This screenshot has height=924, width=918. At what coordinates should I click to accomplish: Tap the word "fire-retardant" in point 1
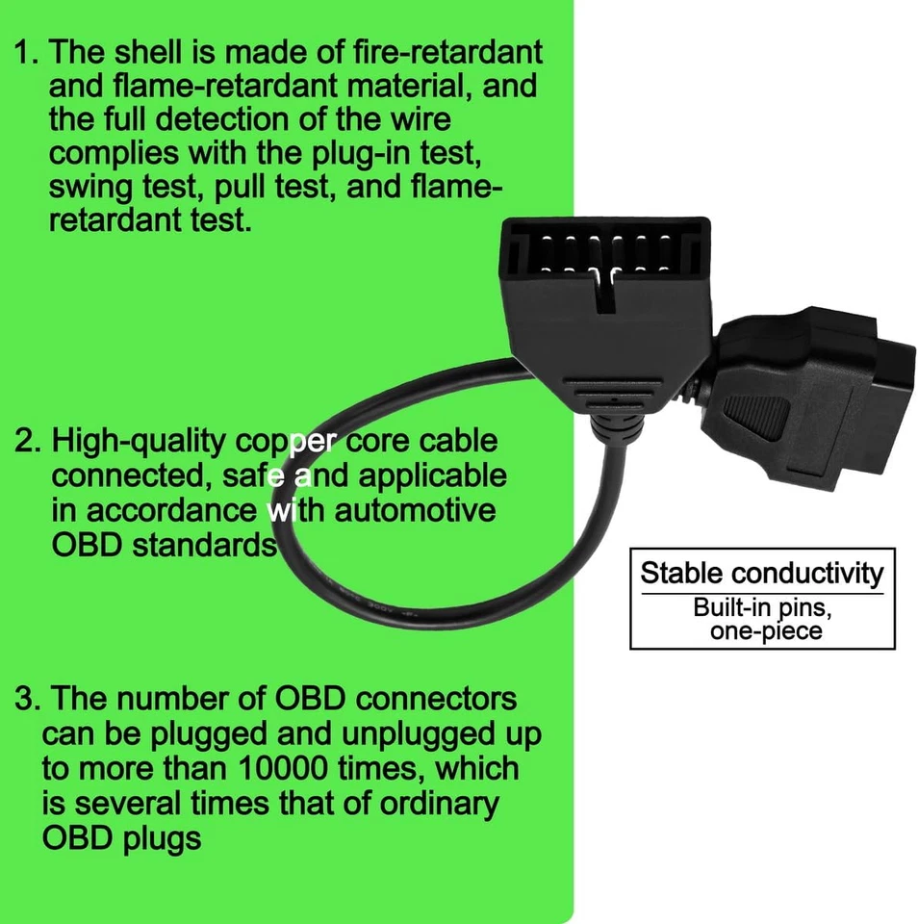(x=437, y=51)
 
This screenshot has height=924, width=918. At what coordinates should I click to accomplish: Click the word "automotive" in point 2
(x=416, y=508)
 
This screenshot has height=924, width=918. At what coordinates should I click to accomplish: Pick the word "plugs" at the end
(x=160, y=837)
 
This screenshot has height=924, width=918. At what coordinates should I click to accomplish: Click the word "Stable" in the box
(x=680, y=574)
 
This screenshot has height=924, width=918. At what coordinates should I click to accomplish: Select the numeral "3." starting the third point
(x=26, y=698)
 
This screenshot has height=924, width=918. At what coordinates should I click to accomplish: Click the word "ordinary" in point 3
(x=446, y=803)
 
